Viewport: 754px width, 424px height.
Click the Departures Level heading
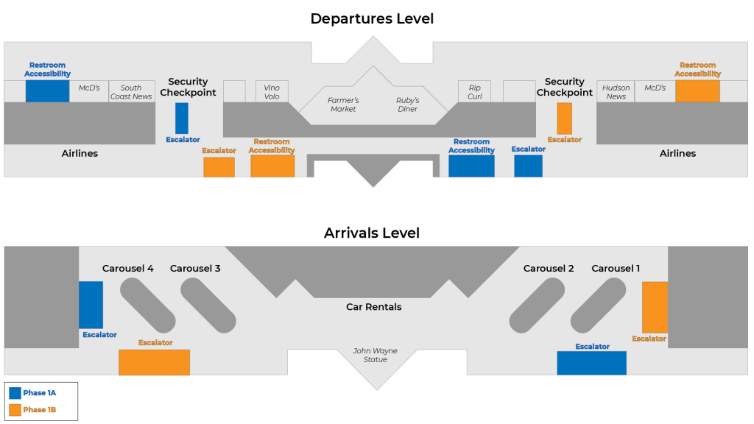click(372, 18)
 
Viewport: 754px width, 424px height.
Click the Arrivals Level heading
click(372, 233)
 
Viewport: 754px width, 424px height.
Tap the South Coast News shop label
click(131, 92)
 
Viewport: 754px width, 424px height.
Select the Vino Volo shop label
click(272, 92)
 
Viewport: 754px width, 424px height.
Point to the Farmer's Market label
click(343, 105)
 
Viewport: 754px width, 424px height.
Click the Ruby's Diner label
click(407, 105)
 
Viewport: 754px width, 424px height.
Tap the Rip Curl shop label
click(474, 92)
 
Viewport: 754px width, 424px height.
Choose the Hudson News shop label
click(616, 92)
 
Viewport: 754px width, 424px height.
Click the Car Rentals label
click(374, 307)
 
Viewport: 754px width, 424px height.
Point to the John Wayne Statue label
click(376, 355)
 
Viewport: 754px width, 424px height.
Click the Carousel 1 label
click(616, 269)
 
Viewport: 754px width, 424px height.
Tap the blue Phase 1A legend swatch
click(15, 393)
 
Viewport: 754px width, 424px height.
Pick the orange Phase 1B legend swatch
click(15, 409)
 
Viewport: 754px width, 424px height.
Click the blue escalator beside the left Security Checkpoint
click(182, 118)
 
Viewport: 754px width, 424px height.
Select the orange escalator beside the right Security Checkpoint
click(564, 118)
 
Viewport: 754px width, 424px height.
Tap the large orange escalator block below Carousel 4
click(154, 362)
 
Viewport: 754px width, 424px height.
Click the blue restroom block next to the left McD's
click(47, 91)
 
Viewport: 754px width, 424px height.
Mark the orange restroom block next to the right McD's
click(697, 91)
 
